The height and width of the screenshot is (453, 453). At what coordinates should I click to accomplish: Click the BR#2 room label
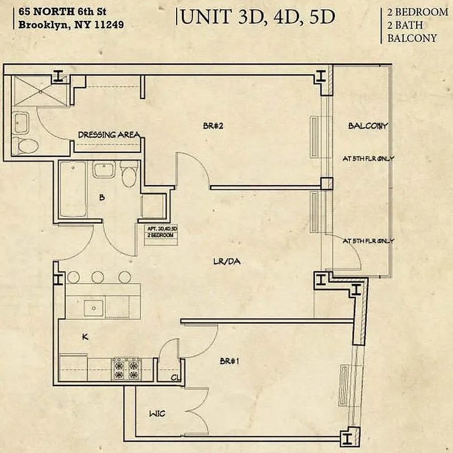coord(213,126)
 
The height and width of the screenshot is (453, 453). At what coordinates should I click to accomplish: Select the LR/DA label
coord(224,261)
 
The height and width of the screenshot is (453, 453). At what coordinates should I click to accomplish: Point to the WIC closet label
coord(157,414)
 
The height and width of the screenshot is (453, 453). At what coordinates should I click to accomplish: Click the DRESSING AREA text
coord(109,135)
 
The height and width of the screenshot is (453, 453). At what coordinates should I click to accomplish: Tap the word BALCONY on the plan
coord(367,126)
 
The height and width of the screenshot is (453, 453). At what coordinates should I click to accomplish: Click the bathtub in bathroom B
coord(72,189)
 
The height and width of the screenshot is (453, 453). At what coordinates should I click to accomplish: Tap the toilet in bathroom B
coord(129,174)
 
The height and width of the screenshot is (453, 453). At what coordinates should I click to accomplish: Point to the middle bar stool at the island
coord(97,277)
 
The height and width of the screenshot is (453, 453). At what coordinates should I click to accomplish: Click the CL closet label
coord(176,378)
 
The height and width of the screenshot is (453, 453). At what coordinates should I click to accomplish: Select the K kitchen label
coord(85,337)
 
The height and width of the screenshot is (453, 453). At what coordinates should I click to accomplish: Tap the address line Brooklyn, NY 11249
coord(72,25)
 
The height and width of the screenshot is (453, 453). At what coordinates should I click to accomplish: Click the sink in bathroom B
coord(104,169)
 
